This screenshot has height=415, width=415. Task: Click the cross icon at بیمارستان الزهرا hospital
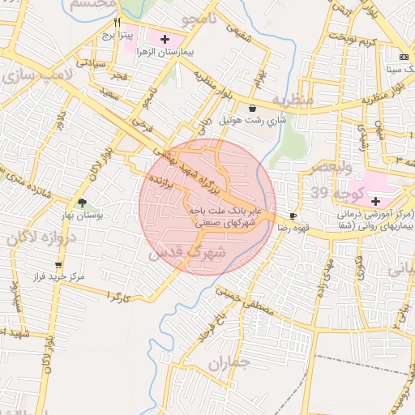point(165,38)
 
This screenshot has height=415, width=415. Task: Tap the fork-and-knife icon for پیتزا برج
point(117,22)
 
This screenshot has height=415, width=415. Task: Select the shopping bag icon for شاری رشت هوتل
point(253,108)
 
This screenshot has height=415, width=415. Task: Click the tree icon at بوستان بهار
point(82,203)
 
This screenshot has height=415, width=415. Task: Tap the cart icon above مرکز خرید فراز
point(58,265)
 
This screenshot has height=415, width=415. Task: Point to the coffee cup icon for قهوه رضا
point(293,217)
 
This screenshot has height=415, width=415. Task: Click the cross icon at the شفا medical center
point(375,200)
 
